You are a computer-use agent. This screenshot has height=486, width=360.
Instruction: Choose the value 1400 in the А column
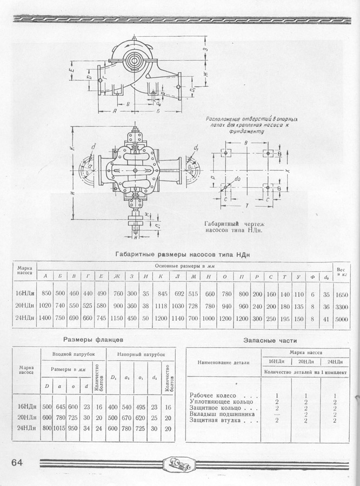tap(46, 319)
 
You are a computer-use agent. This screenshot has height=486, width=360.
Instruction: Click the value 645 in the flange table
tap(59, 407)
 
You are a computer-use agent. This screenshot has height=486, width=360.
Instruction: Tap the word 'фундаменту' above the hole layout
tap(246, 131)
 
